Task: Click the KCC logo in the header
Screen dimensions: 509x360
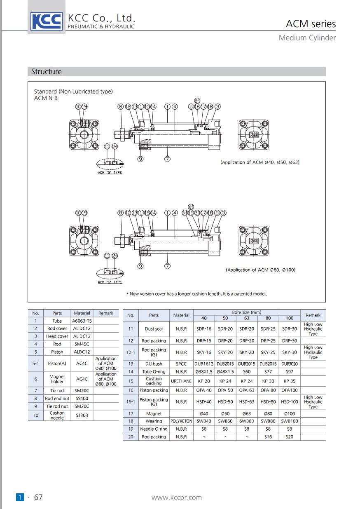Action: (47, 21)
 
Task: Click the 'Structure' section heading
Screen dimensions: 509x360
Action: (47, 72)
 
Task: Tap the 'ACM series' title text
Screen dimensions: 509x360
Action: (311, 24)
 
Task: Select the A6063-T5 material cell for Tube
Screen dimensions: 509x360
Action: (82, 321)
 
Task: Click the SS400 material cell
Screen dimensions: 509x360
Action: (82, 399)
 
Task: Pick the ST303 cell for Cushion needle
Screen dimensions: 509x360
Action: (82, 415)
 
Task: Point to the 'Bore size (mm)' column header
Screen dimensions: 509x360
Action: (246, 312)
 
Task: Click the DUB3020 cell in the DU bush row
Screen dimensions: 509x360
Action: (290, 364)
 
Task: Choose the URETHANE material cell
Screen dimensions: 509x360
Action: (181, 381)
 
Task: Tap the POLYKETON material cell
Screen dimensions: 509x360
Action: (181, 421)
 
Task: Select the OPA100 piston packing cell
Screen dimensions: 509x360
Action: (290, 390)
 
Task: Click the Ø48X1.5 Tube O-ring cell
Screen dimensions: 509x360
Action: (225, 372)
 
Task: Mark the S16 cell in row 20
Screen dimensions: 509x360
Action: (268, 437)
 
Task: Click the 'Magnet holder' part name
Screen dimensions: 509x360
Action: (57, 379)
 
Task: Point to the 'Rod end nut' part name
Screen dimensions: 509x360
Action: (57, 399)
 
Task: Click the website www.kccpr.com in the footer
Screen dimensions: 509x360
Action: (177, 497)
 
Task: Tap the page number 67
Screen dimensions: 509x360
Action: (38, 497)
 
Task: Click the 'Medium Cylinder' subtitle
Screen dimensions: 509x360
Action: (307, 38)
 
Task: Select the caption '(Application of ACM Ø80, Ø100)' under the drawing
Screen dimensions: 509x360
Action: (261, 270)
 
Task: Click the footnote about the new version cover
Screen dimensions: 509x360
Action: (196, 294)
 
